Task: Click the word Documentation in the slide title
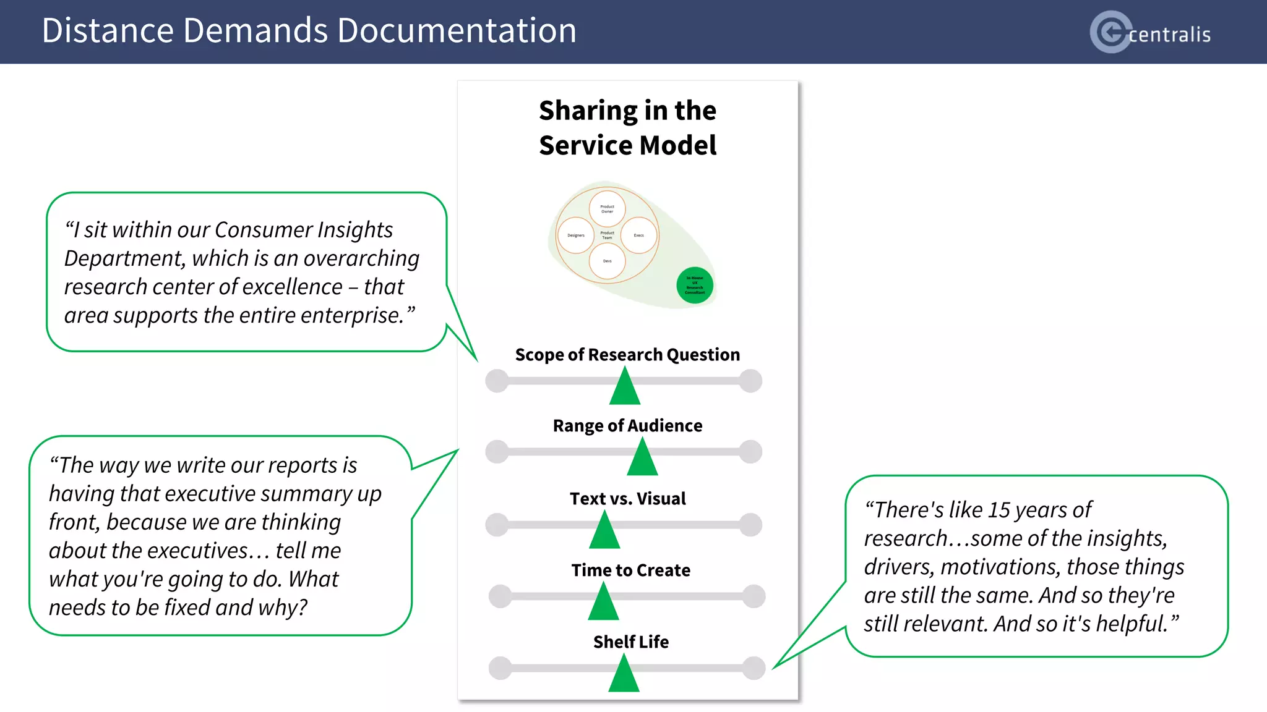pyautogui.click(x=457, y=30)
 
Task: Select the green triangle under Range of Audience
pyautogui.click(x=642, y=459)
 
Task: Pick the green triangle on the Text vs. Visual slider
pyautogui.click(x=604, y=532)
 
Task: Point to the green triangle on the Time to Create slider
pyautogui.click(x=603, y=604)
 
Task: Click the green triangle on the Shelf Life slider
pyautogui.click(x=624, y=676)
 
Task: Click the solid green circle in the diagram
pyautogui.click(x=695, y=285)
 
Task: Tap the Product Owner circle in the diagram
pyautogui.click(x=607, y=209)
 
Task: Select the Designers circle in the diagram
pyautogui.click(x=575, y=235)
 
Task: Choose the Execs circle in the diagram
pyautogui.click(x=638, y=235)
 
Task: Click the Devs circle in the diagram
pyautogui.click(x=607, y=261)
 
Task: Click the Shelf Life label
pyautogui.click(x=630, y=642)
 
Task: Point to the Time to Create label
pyautogui.click(x=630, y=570)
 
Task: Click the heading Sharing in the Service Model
pyautogui.click(x=627, y=127)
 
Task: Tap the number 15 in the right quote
pyautogui.click(x=999, y=510)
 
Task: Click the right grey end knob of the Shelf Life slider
pyautogui.click(x=754, y=667)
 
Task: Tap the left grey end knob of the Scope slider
pyautogui.click(x=497, y=381)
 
